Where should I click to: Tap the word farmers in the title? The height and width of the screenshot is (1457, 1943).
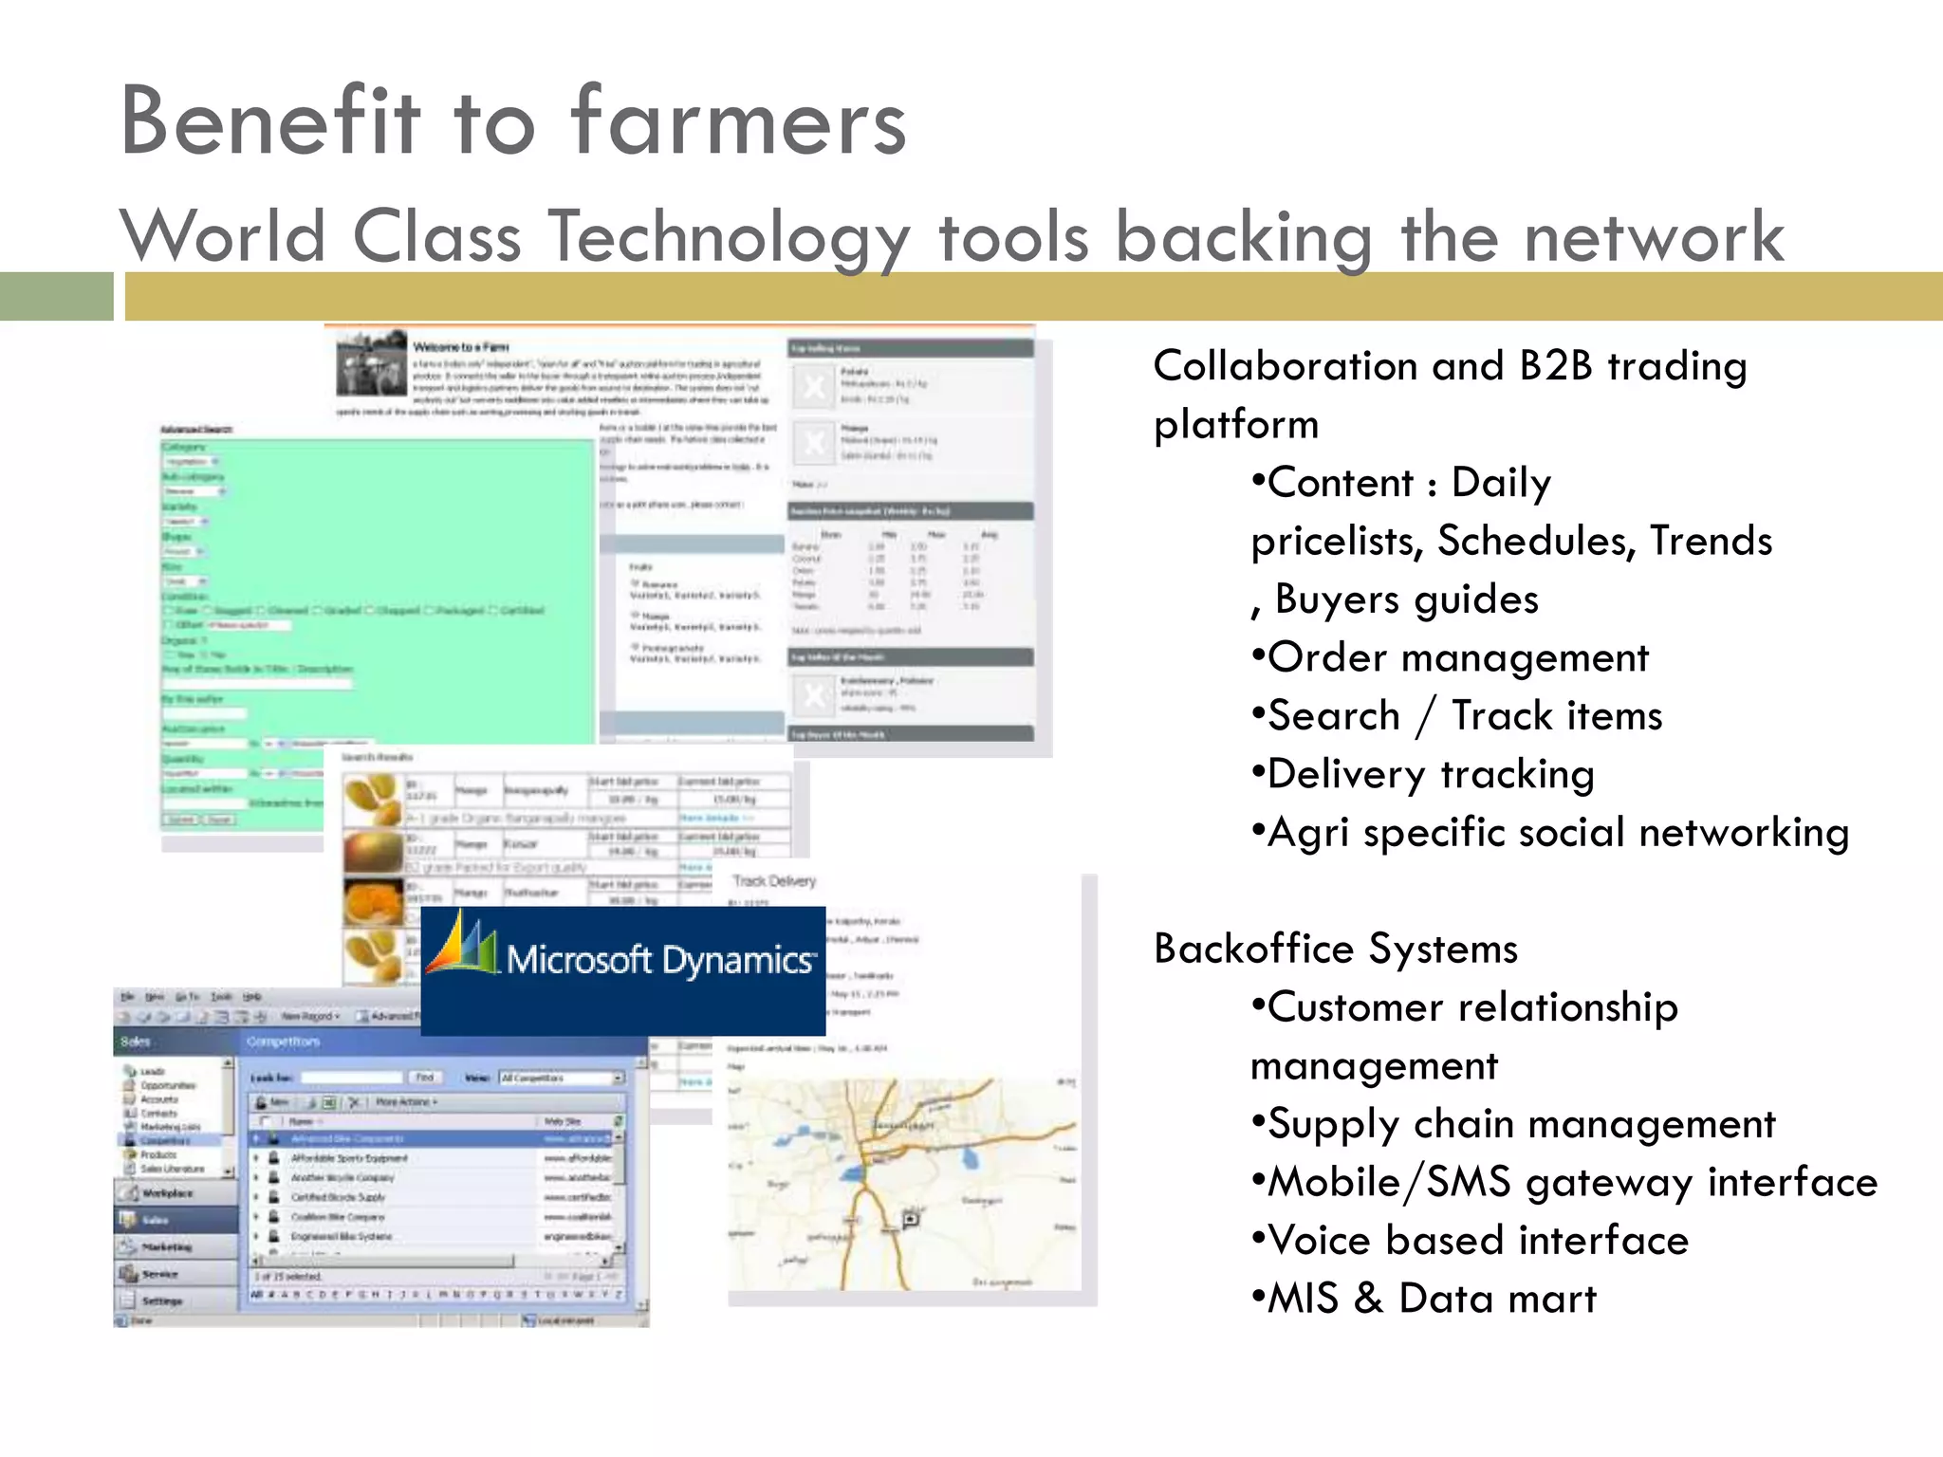tap(739, 123)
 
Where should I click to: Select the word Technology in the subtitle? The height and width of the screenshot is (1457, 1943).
tap(730, 237)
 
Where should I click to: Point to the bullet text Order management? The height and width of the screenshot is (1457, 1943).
tap(1458, 657)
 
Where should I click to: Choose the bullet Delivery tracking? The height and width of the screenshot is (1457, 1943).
tap(1431, 774)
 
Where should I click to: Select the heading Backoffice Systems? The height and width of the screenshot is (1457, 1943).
tap(1336, 949)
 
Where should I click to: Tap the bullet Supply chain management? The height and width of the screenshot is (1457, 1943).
tap(1521, 1124)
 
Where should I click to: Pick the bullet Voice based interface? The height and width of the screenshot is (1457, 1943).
tap(1477, 1241)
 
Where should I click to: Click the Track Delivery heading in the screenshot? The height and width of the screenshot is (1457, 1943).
tap(774, 881)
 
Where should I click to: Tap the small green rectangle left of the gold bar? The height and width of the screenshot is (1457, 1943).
tap(56, 296)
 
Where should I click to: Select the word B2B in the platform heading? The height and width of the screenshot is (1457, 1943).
tap(1556, 366)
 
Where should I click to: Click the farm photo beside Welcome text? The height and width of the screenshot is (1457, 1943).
tap(371, 361)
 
